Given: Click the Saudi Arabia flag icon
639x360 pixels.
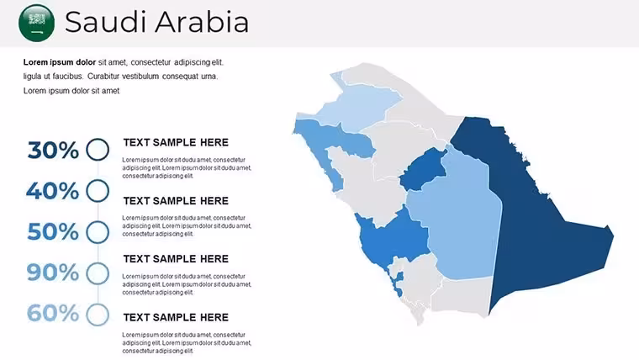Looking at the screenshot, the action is (37, 23).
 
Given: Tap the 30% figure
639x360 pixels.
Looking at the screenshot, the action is (53, 150).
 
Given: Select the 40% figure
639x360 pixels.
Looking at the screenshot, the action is (53, 191).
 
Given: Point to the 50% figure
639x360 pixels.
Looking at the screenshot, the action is (53, 231).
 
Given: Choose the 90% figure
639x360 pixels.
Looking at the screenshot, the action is (53, 273).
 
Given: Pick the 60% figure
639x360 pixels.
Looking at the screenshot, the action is (53, 313).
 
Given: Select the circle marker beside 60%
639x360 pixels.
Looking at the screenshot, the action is (98, 304).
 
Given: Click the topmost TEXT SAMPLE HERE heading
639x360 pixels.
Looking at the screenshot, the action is (176, 142).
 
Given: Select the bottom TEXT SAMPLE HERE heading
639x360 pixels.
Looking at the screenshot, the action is (176, 317).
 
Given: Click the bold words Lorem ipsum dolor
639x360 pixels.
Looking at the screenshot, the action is (60, 62).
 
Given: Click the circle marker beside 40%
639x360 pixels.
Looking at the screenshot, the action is (98, 179).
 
